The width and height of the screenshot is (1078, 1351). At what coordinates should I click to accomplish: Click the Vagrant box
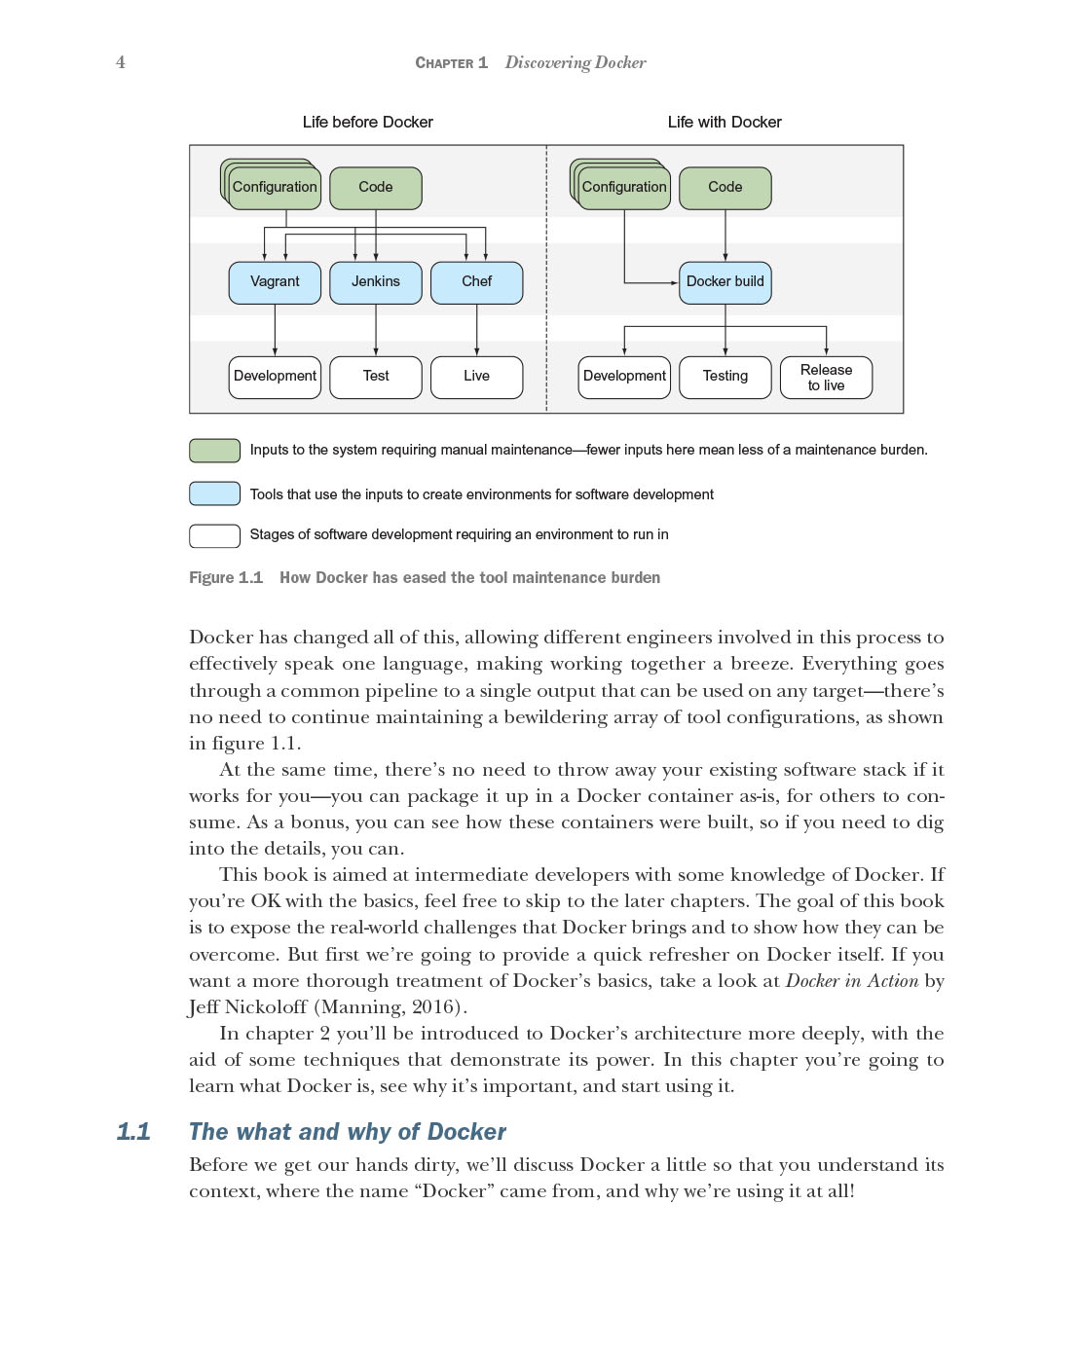275,282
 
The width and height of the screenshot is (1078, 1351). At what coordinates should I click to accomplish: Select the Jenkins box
376,282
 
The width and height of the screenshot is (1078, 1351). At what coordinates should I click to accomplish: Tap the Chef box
476,282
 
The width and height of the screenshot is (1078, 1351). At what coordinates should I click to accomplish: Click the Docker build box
725,282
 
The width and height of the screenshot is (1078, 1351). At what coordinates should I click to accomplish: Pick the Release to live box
826,378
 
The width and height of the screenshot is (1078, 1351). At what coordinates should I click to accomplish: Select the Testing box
725,377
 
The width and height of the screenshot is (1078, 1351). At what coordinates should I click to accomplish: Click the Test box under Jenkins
376,377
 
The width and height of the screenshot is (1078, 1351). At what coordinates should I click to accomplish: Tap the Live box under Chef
476,377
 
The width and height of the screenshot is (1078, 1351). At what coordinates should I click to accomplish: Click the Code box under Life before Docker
376,188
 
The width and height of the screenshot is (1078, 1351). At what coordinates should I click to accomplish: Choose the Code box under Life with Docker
725,188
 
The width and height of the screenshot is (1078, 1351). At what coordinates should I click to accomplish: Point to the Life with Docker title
725,122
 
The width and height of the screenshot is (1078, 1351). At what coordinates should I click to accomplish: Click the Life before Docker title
367,122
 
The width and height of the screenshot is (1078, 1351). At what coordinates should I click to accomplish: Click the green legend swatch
214,450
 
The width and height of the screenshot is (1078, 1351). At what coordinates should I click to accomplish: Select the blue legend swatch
214,493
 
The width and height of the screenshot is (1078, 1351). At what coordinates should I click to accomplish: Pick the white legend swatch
214,535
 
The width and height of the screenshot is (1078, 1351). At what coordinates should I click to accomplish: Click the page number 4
121,62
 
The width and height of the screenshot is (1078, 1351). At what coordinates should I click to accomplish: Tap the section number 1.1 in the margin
133,1131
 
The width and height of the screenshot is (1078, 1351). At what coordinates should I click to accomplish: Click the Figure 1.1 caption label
226,577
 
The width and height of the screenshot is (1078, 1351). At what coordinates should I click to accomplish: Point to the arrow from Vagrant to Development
275,331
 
